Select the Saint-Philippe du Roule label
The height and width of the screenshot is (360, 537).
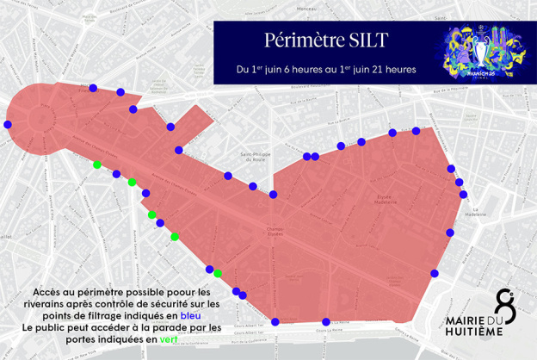[x=252, y=156]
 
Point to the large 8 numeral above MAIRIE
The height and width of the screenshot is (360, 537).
[x=504, y=307]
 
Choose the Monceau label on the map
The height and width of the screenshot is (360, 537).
[x=307, y=9]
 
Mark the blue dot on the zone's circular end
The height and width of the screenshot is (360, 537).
[x=9, y=125]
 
